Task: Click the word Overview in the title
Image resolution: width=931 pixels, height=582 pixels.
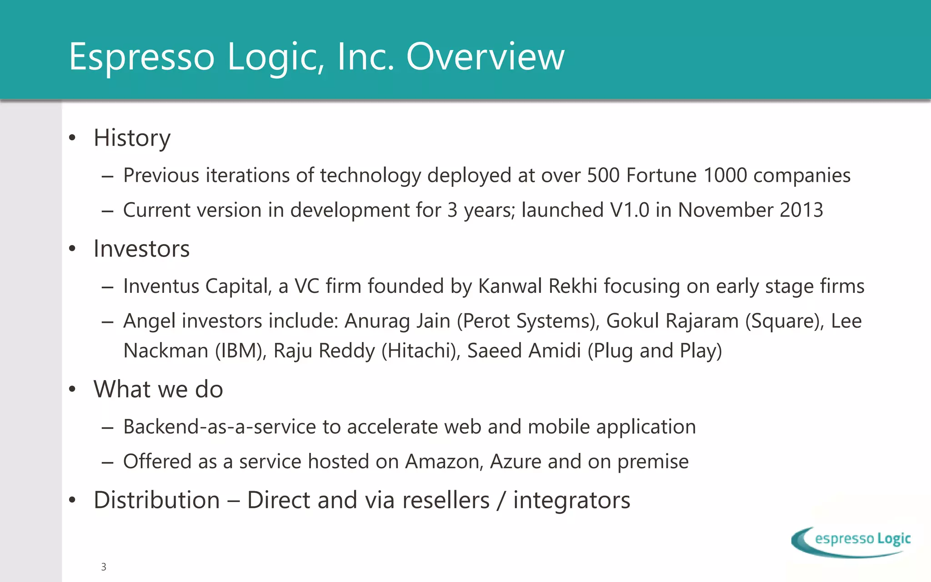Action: point(485,57)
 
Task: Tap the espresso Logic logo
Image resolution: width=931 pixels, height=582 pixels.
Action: point(851,541)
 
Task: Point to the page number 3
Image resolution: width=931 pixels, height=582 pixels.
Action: point(104,567)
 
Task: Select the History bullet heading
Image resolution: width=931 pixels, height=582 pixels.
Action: point(132,138)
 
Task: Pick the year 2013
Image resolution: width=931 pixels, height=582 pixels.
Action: point(801,210)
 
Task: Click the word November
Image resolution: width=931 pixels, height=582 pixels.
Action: point(726,210)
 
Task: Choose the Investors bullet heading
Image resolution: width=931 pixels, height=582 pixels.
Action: point(141,249)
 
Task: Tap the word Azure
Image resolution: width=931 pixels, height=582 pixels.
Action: point(516,462)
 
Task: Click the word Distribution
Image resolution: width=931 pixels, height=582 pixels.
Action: point(157,500)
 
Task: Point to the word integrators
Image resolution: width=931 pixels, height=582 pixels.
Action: point(571,500)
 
